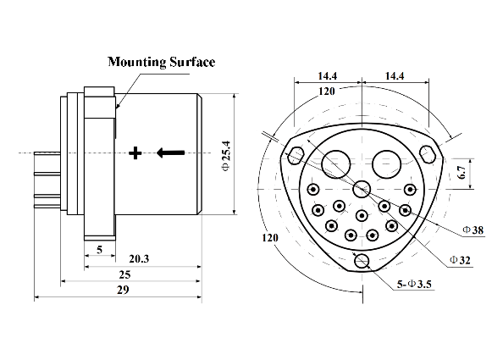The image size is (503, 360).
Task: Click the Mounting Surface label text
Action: pos(161,62)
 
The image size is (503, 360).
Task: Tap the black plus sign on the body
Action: pos(134,153)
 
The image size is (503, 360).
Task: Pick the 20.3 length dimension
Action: pos(139,260)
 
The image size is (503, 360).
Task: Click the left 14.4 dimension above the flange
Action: pos(328,76)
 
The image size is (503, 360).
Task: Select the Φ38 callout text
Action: pos(473,230)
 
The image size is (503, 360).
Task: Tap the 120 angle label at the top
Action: pos(325,89)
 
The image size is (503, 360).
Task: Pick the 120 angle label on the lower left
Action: pos(270,239)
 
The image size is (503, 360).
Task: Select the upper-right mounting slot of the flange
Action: pos(427,155)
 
